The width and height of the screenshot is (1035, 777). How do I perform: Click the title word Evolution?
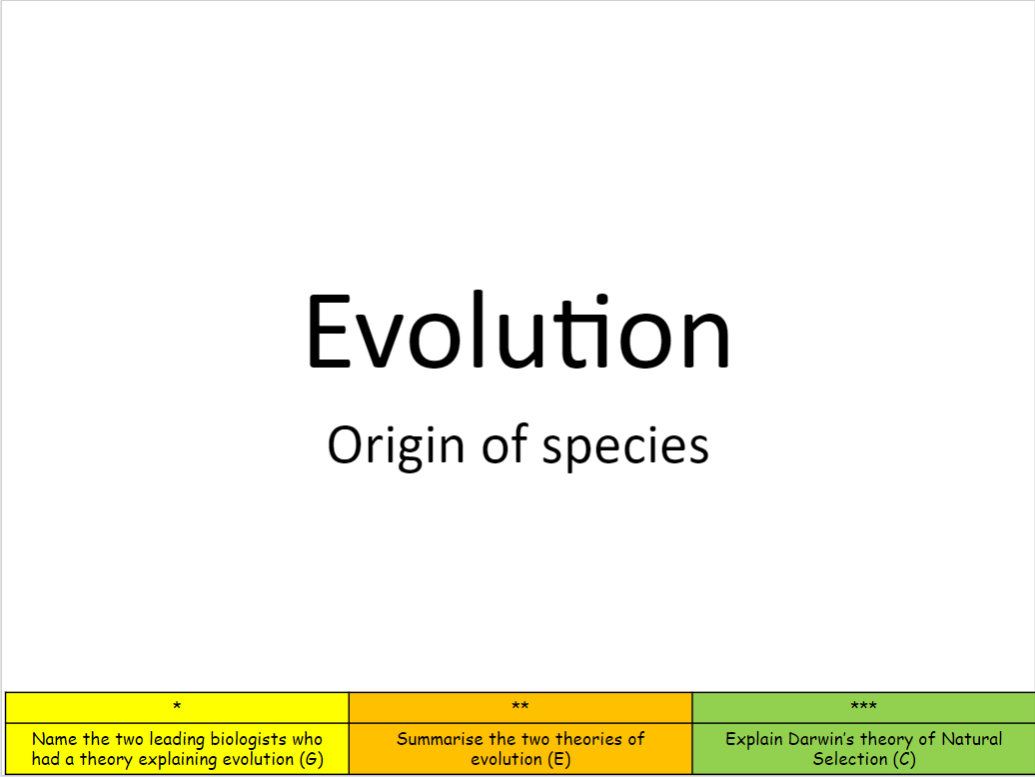[518, 331]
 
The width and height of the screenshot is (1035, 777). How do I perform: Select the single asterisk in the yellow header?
[177, 706]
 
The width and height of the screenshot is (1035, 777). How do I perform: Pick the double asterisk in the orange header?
[520, 706]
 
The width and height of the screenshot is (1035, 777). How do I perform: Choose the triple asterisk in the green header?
[863, 706]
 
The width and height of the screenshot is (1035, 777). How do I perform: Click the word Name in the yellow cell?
[54, 739]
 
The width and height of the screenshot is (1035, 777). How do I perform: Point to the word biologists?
[248, 740]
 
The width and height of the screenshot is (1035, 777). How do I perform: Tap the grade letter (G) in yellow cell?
[311, 760]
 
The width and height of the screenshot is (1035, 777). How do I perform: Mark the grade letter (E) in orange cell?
[558, 760]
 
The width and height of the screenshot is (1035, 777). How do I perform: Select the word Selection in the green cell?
[850, 759]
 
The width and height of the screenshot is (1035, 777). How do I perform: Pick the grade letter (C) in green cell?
[904, 760]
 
